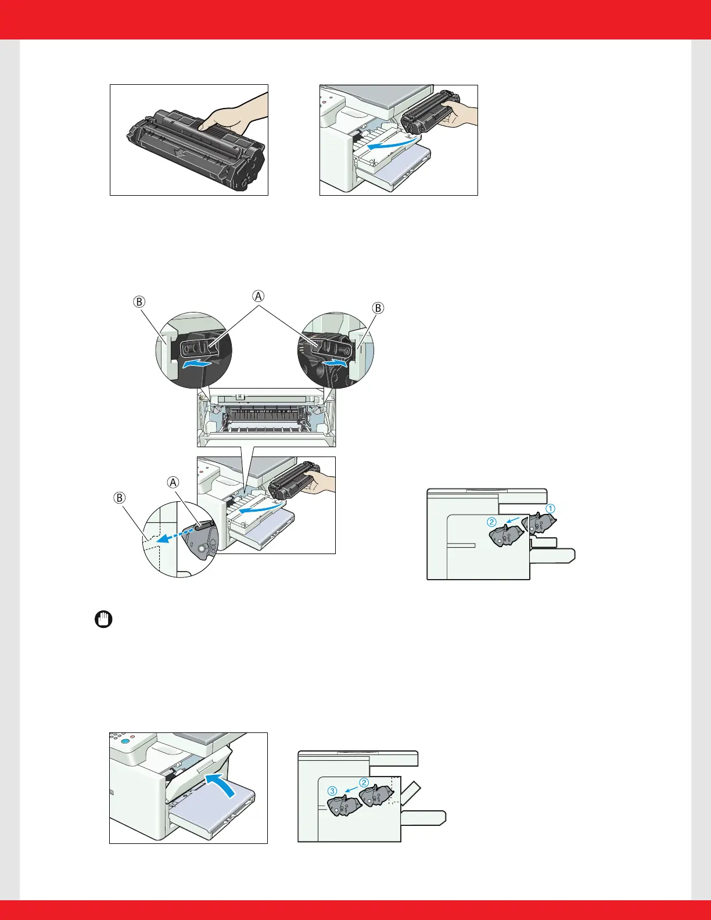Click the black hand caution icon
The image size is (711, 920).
[103, 620]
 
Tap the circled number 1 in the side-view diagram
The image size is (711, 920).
[550, 509]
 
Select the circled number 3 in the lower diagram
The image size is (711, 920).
[332, 790]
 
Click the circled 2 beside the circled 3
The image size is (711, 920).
[364, 782]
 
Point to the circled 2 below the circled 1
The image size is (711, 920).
[491, 522]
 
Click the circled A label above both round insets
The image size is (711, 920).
[258, 295]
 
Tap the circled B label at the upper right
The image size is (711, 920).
[378, 308]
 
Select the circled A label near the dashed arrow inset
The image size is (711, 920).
[173, 482]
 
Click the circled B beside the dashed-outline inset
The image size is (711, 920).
[120, 498]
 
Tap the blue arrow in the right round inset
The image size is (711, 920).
[334, 362]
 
